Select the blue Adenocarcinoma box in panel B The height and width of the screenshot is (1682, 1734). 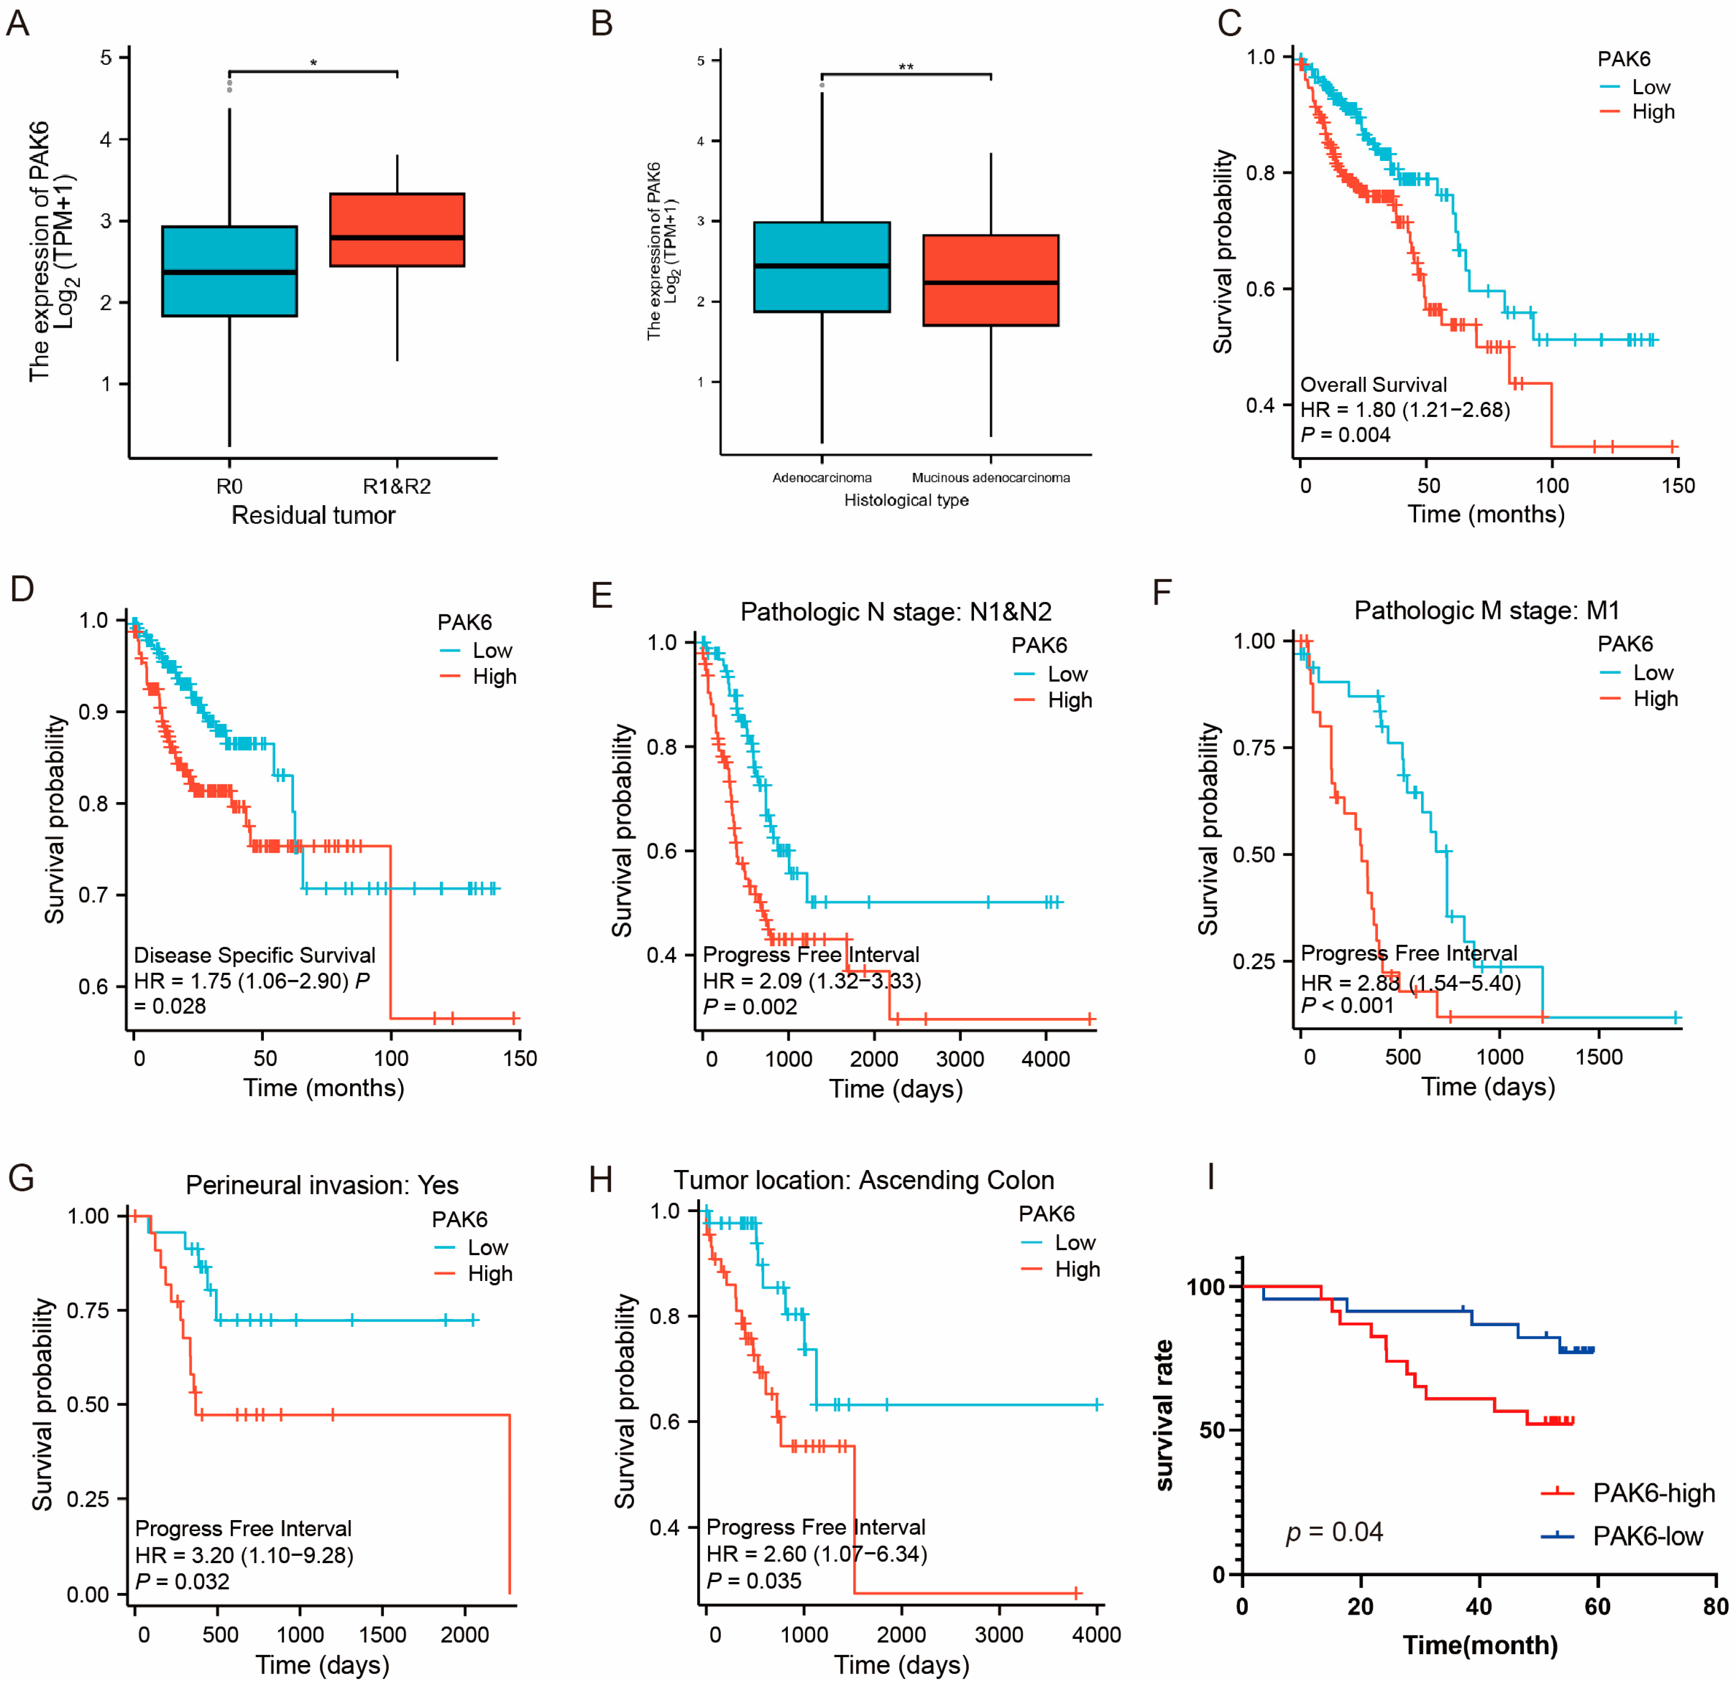pyautogui.click(x=822, y=266)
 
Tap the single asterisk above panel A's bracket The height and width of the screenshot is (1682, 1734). pyautogui.click(x=313, y=63)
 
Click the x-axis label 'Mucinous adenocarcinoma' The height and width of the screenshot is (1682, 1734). pyautogui.click(x=991, y=478)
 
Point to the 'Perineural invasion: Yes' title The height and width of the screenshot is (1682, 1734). pyautogui.click(x=322, y=1185)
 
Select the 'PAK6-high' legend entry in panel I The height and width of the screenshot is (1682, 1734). pyautogui.click(x=1653, y=1493)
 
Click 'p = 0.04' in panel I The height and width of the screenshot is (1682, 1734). pyautogui.click(x=1334, y=1531)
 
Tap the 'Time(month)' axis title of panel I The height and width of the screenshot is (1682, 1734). pyautogui.click(x=1479, y=1645)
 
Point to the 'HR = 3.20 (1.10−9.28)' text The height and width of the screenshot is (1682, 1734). pyautogui.click(x=244, y=1555)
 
